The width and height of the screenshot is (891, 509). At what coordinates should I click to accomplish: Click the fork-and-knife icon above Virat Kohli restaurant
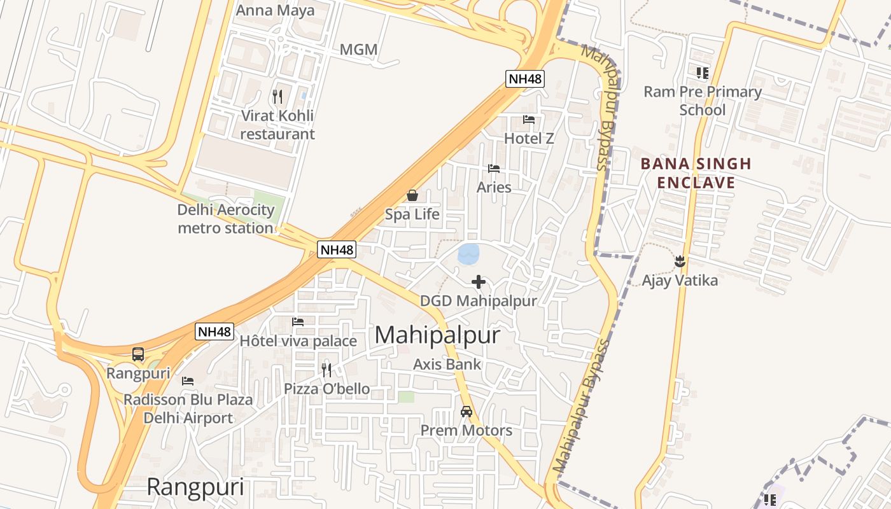[277, 97]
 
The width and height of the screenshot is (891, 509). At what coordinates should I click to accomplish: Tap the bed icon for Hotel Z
[528, 119]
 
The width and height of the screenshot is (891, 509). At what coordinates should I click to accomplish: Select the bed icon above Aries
[494, 169]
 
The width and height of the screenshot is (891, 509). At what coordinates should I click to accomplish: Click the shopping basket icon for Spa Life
[412, 195]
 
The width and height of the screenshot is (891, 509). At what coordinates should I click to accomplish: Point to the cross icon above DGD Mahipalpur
[479, 282]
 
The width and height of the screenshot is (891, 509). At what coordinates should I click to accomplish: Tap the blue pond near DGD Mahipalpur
[469, 254]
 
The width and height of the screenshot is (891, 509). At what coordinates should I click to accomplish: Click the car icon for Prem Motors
[467, 412]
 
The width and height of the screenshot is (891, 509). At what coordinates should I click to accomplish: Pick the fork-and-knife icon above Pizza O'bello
[326, 370]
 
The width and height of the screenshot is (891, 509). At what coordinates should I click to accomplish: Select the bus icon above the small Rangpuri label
[138, 354]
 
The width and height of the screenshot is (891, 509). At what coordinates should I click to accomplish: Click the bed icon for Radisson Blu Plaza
[188, 381]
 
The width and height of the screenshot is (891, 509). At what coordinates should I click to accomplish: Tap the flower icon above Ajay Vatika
[680, 261]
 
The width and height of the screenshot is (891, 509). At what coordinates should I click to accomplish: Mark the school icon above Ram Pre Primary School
[702, 73]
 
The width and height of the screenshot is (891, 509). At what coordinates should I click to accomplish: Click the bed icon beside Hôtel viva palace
[298, 322]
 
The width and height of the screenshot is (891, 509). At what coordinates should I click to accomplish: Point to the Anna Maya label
[275, 11]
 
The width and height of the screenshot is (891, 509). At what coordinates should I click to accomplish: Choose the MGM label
[358, 50]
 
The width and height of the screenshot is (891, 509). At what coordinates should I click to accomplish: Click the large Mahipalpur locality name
[438, 335]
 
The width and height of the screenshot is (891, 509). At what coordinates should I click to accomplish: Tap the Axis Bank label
[447, 365]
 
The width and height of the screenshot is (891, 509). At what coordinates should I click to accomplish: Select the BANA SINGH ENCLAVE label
[696, 174]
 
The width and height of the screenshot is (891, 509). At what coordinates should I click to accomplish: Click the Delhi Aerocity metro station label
[226, 219]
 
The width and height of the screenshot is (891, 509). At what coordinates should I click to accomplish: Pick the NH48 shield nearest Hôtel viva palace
[214, 331]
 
